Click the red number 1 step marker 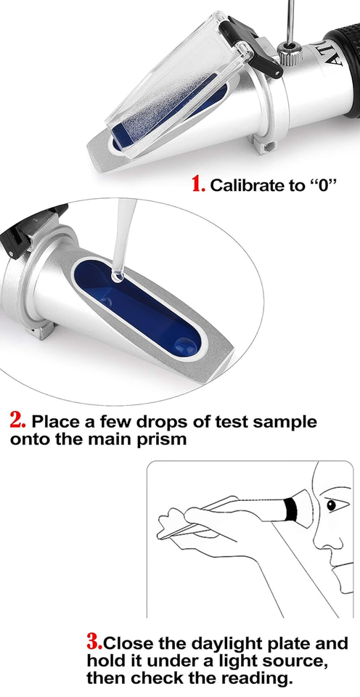[x=198, y=184]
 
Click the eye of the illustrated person [x=330, y=505]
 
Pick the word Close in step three [x=131, y=643]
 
